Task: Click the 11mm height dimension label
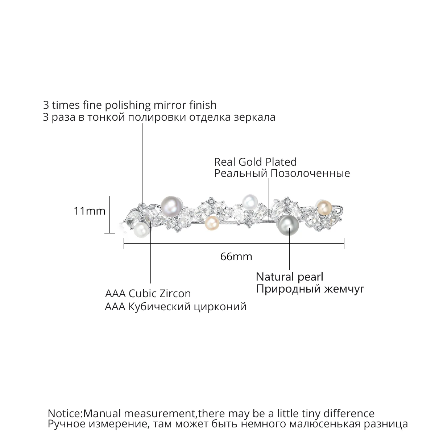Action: pyautogui.click(x=90, y=211)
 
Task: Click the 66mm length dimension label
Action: pyautogui.click(x=236, y=257)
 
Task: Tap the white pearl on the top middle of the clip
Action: pyautogui.click(x=249, y=200)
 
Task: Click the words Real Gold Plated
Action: pyautogui.click(x=255, y=162)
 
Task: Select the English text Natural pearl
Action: pyautogui.click(x=289, y=277)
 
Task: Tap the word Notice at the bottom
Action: pyautogui.click(x=65, y=413)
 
